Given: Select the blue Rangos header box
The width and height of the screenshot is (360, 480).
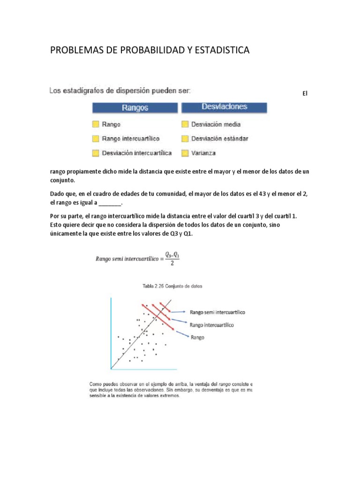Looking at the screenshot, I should click(135, 107).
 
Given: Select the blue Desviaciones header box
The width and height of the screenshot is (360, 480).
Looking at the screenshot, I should click(225, 107).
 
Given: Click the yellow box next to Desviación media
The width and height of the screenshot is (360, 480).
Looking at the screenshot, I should click(185, 124).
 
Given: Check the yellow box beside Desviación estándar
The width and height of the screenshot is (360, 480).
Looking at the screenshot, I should click(185, 138).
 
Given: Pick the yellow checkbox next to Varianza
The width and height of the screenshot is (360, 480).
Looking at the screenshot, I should click(185, 153).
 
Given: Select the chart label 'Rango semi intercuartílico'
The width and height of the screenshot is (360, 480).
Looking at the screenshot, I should click(217, 311).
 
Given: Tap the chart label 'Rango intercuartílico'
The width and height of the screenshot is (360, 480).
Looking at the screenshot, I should click(212, 324).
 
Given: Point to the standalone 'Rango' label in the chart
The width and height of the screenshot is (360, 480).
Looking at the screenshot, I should click(197, 337).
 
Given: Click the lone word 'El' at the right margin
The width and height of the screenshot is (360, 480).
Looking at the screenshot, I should click(304, 94).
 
